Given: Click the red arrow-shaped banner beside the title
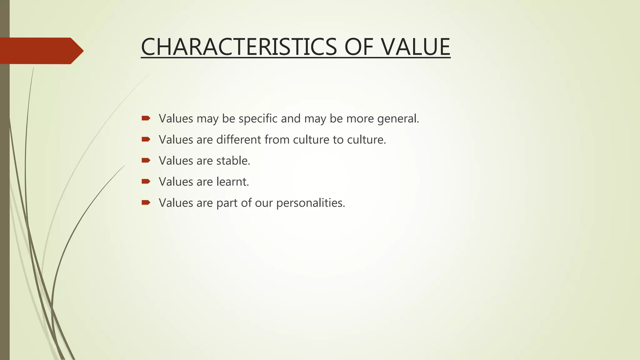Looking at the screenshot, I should point(41,51).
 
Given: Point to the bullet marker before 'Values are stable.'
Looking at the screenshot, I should point(146,160).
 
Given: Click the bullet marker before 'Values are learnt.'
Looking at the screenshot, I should point(146,181).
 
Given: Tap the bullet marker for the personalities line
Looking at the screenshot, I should point(146,202).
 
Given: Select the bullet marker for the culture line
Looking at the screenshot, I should point(146,139).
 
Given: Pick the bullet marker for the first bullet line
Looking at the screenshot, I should point(146,118).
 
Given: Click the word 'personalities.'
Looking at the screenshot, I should point(311,203).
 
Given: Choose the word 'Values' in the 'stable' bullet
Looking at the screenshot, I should point(176,161).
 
